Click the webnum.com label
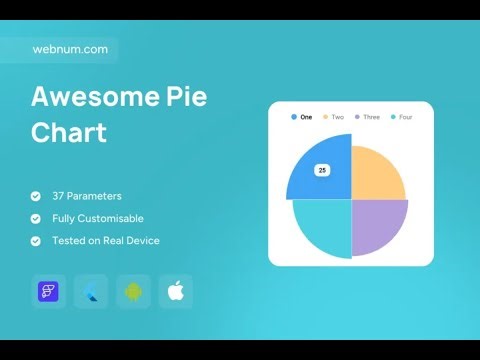click(x=70, y=49)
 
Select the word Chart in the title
click(x=69, y=132)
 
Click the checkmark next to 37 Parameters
click(x=36, y=196)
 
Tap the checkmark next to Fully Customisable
click(x=36, y=218)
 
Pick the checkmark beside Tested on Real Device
click(x=36, y=240)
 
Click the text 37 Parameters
click(x=87, y=196)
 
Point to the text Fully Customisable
click(x=98, y=218)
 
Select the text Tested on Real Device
click(x=106, y=240)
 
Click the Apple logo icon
click(x=176, y=292)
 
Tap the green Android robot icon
click(x=134, y=292)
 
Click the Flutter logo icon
click(x=92, y=292)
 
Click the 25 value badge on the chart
click(x=322, y=170)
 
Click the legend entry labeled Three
click(x=367, y=117)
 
